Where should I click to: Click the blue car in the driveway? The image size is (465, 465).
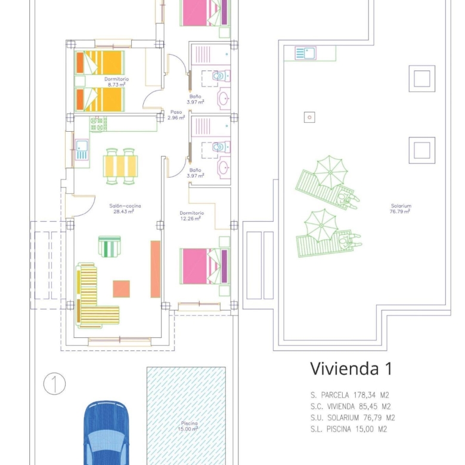click(107, 433)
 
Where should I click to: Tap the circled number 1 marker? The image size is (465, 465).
click(55, 384)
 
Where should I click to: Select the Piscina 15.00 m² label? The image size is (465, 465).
click(188, 426)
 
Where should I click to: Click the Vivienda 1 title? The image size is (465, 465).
click(351, 368)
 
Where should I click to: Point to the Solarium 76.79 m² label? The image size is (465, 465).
click(401, 209)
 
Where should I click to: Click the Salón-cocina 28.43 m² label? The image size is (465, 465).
click(125, 209)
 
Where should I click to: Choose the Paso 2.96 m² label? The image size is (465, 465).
click(176, 115)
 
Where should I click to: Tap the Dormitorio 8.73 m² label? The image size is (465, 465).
click(116, 82)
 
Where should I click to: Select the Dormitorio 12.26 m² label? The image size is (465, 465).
click(191, 216)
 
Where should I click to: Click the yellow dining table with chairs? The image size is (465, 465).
click(120, 166)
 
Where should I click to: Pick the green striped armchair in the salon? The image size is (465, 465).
click(110, 246)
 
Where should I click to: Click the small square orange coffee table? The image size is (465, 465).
click(121, 289)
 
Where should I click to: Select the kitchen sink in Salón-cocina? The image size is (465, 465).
click(82, 150)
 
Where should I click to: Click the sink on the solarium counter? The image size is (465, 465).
click(305, 53)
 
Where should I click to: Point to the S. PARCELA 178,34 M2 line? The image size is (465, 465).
click(349, 395)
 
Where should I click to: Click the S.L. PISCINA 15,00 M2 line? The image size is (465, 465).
click(349, 429)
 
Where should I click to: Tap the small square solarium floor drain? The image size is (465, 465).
click(309, 117)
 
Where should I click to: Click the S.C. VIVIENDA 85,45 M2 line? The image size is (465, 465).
click(351, 407)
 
